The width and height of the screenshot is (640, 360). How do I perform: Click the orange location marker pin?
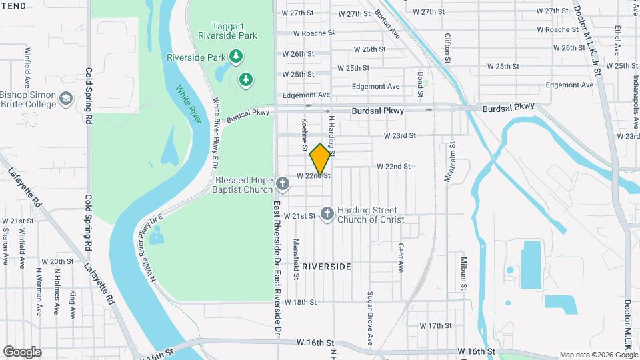click(x=321, y=160)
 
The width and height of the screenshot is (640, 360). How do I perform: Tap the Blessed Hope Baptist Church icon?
click(x=282, y=182)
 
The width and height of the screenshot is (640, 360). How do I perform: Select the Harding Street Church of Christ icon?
click(x=327, y=213)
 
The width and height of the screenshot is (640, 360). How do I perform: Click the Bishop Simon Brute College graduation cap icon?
click(x=65, y=99)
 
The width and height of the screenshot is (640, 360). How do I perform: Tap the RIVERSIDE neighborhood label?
click(x=326, y=266)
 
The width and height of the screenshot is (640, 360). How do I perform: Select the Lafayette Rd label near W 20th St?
click(x=99, y=279)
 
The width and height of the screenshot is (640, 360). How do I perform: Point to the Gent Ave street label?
click(x=401, y=257)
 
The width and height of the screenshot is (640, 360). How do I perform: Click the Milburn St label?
click(x=461, y=271)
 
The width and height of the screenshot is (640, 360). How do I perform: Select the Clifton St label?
click(x=448, y=48)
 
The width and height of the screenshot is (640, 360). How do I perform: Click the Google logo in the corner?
click(x=22, y=352)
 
